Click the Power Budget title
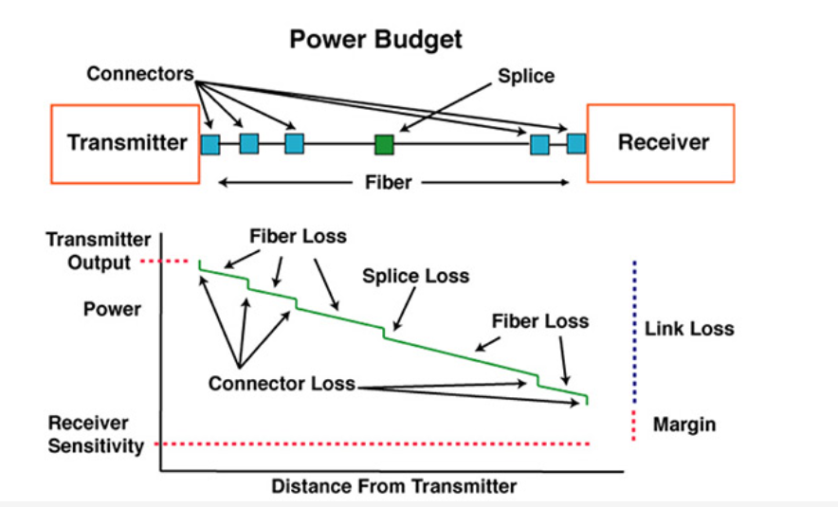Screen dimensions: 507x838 [x=375, y=39]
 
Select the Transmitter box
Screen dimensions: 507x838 [x=127, y=143]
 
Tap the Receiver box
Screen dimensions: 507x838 [x=663, y=143]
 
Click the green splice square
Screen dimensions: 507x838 [x=384, y=144]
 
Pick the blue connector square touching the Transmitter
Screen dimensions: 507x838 [x=209, y=144]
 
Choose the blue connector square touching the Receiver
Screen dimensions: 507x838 [x=576, y=144]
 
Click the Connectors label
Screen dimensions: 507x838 [x=141, y=73]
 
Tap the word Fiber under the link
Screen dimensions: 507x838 [x=389, y=182]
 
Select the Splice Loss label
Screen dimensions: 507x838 [x=415, y=276]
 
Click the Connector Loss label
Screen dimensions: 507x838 [x=282, y=384]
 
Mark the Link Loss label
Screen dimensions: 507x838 [x=689, y=329]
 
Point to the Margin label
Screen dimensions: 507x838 [x=684, y=425]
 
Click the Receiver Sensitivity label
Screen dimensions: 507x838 [x=95, y=433]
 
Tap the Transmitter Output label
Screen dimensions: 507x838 [x=97, y=251]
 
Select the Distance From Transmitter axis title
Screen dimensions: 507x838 [x=393, y=487]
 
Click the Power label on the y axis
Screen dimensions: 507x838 [x=112, y=309]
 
